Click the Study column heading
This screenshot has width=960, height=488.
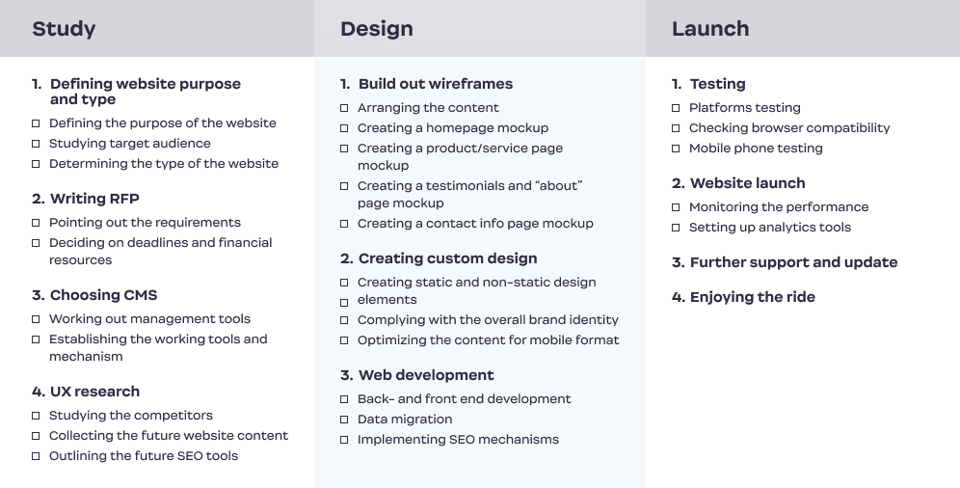point(64,29)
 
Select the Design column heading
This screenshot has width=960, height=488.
point(377,29)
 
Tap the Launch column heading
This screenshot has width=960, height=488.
point(710,29)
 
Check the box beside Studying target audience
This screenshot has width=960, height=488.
point(36,144)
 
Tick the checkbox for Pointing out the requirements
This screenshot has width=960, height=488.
point(36,223)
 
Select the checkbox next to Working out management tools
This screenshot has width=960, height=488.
point(36,319)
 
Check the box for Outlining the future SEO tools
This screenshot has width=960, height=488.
point(36,456)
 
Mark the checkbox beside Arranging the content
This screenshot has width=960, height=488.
point(344,108)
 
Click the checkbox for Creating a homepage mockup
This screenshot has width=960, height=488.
point(344,128)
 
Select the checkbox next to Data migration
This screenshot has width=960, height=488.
point(344,420)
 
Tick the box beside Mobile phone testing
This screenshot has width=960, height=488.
point(676,149)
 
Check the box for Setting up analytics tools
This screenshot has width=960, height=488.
point(676,228)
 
